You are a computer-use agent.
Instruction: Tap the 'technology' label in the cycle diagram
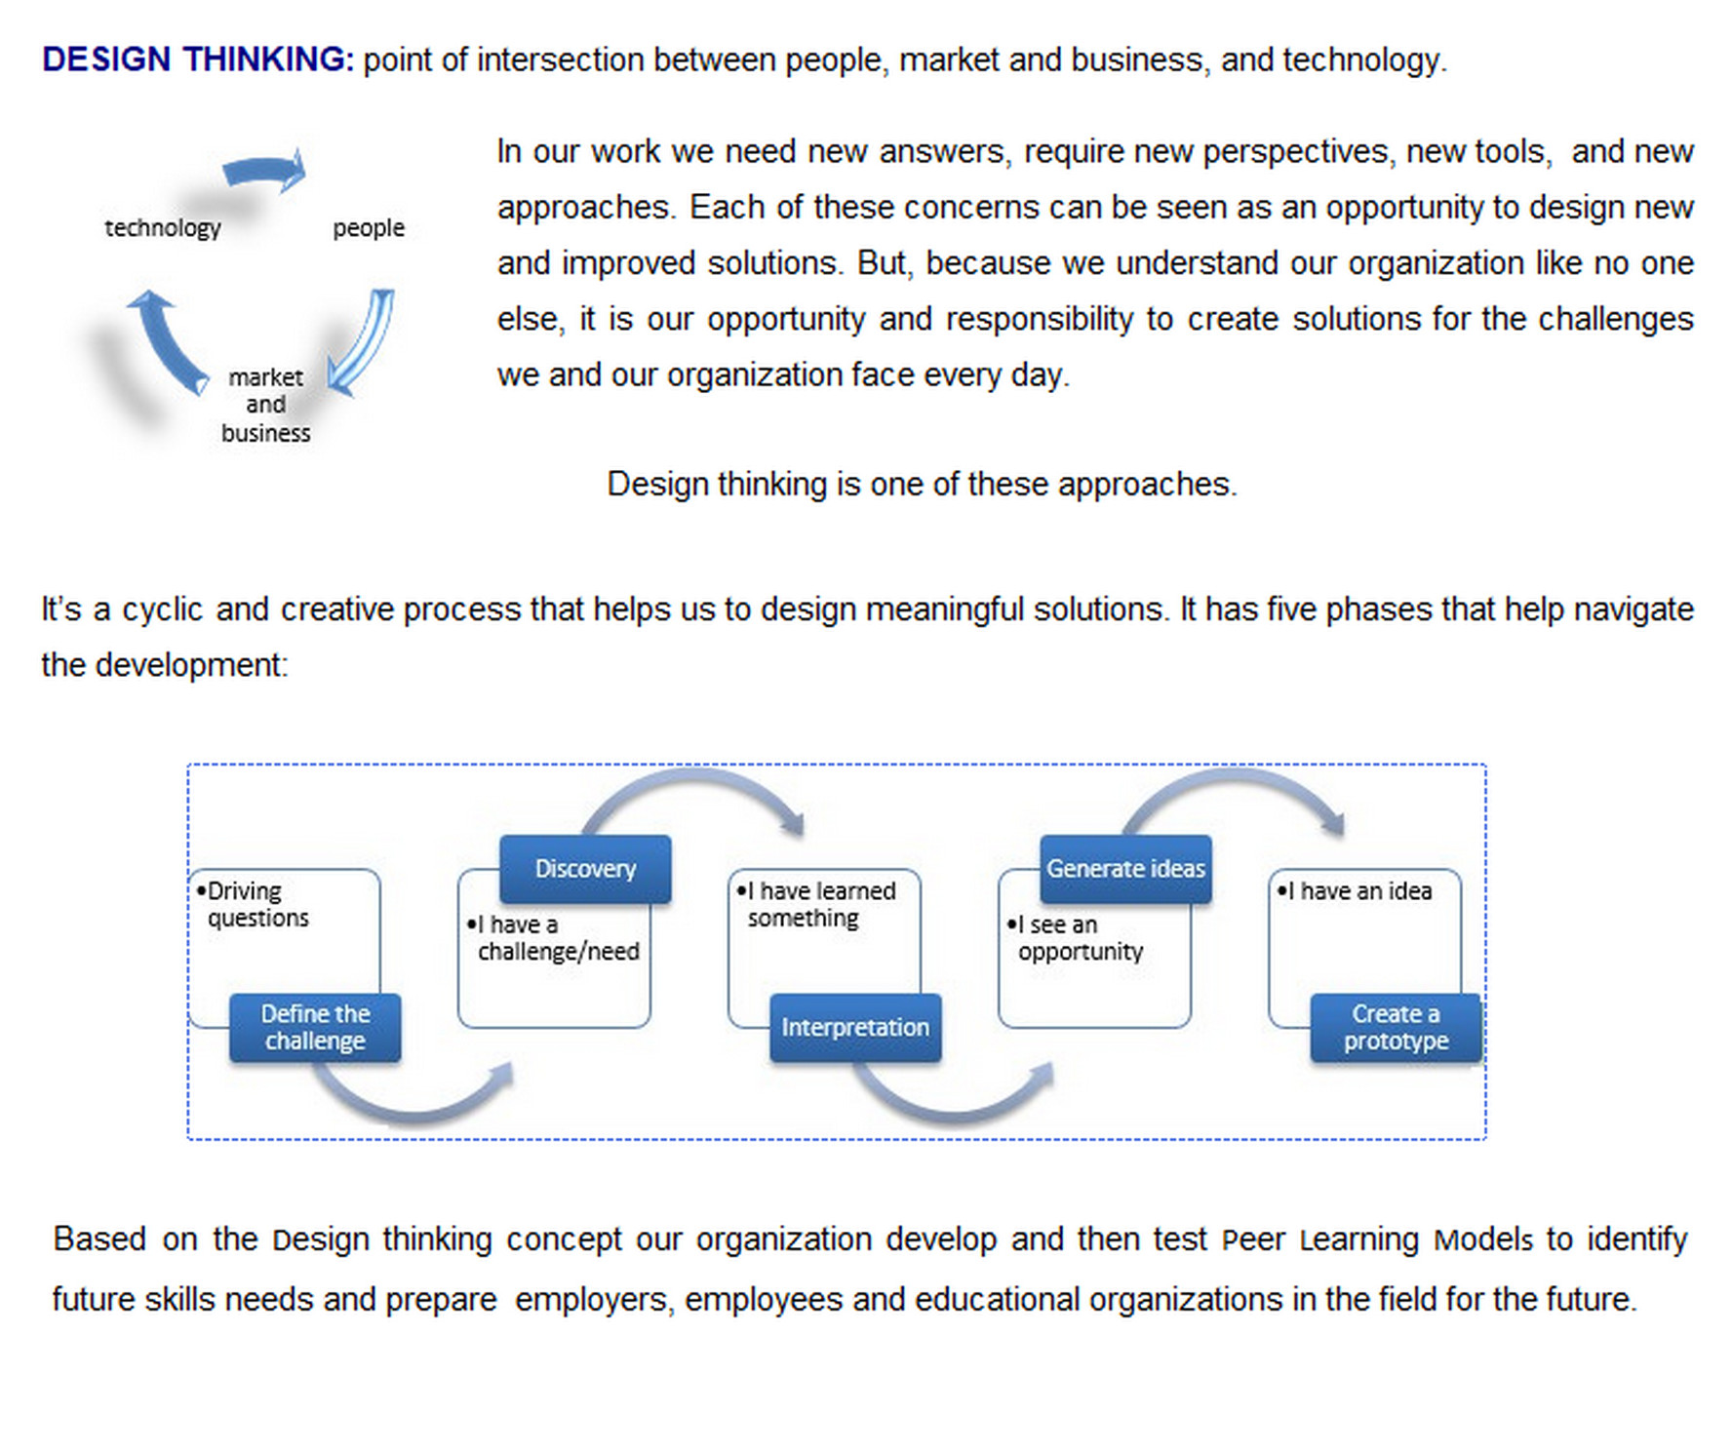[x=163, y=228]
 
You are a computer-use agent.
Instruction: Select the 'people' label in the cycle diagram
[x=369, y=228]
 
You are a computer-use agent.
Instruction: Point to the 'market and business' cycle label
[x=265, y=405]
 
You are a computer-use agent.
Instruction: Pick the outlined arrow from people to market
[x=363, y=341]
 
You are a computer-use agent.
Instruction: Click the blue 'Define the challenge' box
[x=315, y=1028]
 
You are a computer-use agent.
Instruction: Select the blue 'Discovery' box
[x=585, y=869]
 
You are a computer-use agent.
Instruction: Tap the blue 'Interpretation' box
[x=855, y=1028]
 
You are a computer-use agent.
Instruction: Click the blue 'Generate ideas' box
[x=1125, y=869]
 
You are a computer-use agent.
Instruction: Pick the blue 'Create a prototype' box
[x=1396, y=1028]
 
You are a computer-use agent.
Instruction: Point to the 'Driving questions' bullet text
[x=253, y=905]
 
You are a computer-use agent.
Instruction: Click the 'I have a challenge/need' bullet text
[x=553, y=938]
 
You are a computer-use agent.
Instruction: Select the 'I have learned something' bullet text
[x=816, y=905]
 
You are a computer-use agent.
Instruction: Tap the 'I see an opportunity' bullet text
[x=1075, y=938]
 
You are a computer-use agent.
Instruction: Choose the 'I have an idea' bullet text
[x=1355, y=891]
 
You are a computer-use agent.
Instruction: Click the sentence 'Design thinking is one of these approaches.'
[x=922, y=485]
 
